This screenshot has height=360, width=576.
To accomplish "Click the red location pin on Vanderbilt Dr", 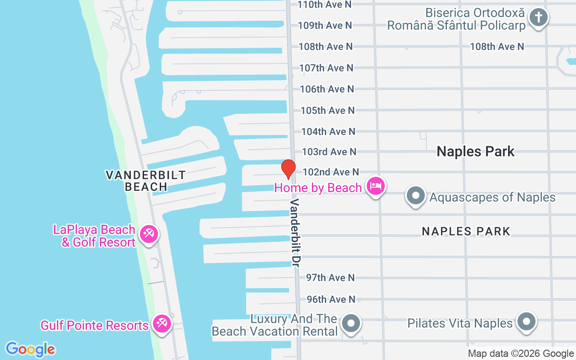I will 288,169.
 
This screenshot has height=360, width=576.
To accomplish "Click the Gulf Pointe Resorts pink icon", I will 161,324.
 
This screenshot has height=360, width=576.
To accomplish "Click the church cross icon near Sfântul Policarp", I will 539,18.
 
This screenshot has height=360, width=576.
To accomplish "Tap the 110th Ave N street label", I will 324,4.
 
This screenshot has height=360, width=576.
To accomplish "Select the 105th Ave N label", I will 327,110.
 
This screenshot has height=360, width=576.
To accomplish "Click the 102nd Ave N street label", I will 331,172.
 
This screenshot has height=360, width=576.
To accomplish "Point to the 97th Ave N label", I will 330,278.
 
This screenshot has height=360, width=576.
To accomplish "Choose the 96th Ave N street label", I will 331,299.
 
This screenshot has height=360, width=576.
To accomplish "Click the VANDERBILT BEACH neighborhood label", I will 146,180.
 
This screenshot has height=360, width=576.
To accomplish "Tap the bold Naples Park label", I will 476,152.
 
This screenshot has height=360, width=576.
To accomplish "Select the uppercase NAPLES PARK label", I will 466,231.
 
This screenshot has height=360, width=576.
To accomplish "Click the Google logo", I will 30,349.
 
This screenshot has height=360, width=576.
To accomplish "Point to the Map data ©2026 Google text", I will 521,354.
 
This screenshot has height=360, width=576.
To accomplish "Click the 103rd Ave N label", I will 329,152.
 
